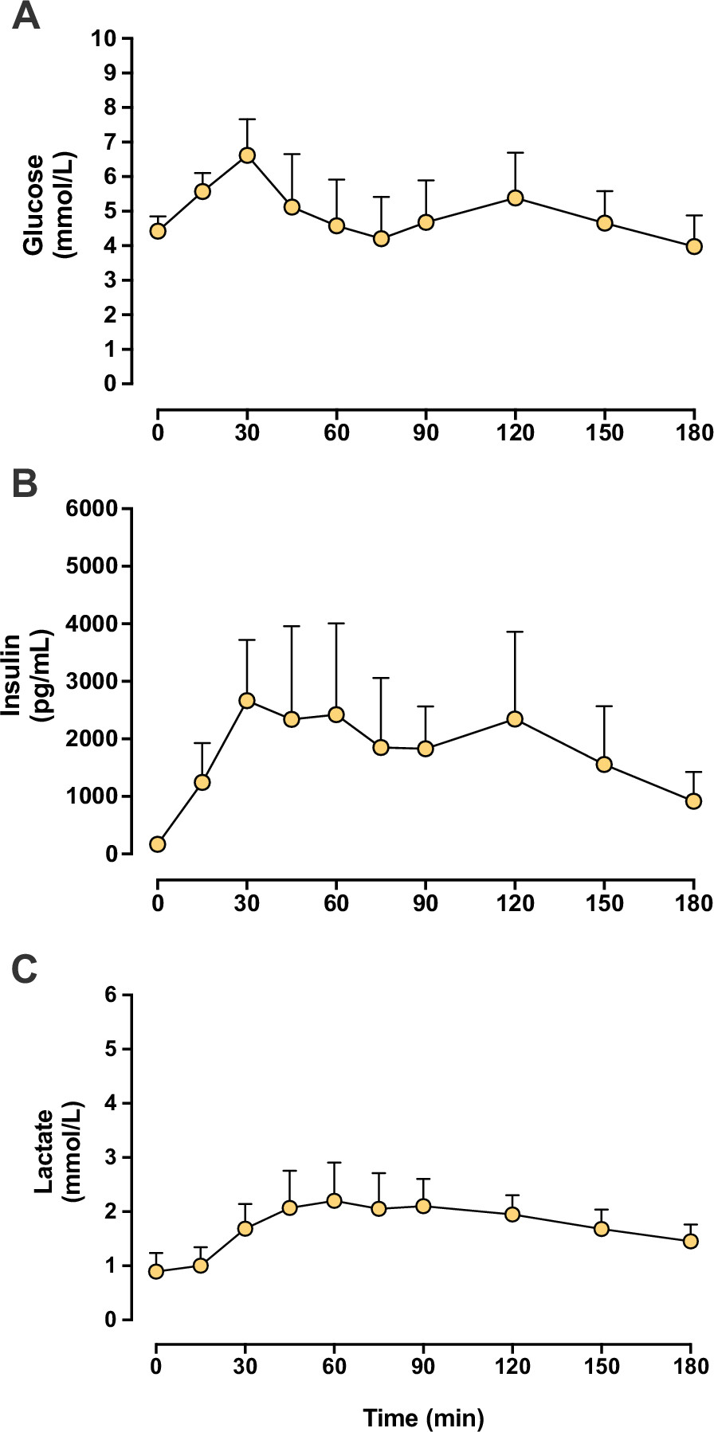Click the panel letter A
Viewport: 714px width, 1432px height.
(25, 16)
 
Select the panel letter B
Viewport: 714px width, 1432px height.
(25, 483)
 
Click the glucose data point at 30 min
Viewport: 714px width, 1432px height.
(247, 155)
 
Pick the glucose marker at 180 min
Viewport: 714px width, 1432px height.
(694, 246)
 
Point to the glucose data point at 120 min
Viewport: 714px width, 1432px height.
(515, 198)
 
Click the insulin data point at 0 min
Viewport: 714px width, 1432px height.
(158, 844)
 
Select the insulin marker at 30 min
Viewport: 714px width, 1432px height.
(247, 700)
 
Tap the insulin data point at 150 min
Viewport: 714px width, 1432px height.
(604, 765)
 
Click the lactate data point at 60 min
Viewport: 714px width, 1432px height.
(335, 1200)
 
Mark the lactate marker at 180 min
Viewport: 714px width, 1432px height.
(691, 1241)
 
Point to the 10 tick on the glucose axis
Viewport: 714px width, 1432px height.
(104, 38)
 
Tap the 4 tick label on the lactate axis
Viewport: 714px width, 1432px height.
(110, 1103)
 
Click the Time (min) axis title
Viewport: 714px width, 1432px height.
(423, 1418)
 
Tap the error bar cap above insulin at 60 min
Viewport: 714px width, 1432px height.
(335, 624)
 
